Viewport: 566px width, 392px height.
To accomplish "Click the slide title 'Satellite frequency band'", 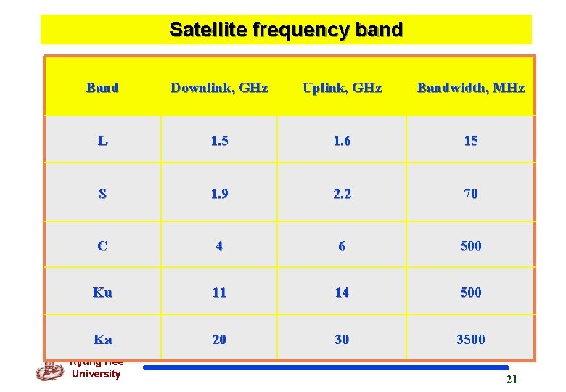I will [285, 30].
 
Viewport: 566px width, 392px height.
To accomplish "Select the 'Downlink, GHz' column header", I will [219, 88].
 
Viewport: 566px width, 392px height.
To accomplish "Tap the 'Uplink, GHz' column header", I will [342, 88].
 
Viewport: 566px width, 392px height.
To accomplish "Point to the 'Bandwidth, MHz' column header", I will [470, 88].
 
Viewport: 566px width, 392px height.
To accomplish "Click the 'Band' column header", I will [102, 88].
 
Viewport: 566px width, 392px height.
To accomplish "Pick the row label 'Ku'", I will [102, 293].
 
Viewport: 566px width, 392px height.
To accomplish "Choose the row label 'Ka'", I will [102, 339].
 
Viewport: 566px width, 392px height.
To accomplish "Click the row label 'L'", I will [102, 141].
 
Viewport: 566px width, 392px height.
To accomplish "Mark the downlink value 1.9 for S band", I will [219, 194].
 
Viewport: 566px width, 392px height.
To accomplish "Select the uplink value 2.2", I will [342, 194].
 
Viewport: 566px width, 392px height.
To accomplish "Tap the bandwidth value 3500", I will [470, 339].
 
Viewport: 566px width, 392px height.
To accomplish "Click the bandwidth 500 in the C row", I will [470, 246].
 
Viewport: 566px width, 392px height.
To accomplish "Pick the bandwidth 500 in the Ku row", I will [470, 293].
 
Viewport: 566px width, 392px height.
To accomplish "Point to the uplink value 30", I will [342, 339].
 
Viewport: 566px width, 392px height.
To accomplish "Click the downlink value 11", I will [219, 293].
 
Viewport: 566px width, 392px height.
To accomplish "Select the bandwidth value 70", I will [470, 194].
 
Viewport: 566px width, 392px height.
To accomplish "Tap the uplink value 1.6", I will [342, 141].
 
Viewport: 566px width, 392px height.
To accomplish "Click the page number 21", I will [512, 380].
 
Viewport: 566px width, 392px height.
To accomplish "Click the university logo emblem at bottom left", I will [49, 371].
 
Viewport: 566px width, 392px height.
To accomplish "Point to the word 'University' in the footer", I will [96, 374].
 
